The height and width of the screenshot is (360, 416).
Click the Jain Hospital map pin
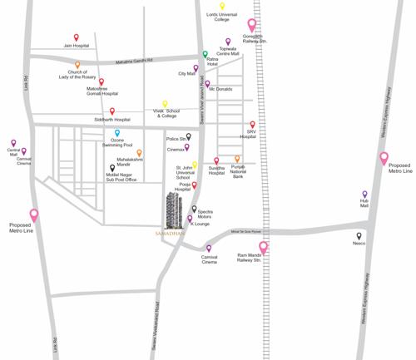click(77, 38)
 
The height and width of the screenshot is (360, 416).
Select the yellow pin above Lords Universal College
click(222, 7)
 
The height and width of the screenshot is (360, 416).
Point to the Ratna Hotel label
click(216, 63)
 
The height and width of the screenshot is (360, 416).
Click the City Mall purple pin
click(196, 69)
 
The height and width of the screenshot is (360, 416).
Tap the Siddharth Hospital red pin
click(112, 111)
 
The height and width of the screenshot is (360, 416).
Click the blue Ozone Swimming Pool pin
click(117, 133)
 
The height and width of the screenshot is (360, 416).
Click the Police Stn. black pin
click(189, 136)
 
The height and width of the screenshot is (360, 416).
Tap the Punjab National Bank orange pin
click(237, 158)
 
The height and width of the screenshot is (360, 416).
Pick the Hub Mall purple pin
click(364, 195)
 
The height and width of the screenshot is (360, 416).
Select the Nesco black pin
click(359, 236)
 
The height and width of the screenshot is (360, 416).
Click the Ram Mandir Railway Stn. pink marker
click(264, 247)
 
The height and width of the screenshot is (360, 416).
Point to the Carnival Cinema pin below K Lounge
click(208, 249)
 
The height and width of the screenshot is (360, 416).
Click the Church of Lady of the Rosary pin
click(78, 65)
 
